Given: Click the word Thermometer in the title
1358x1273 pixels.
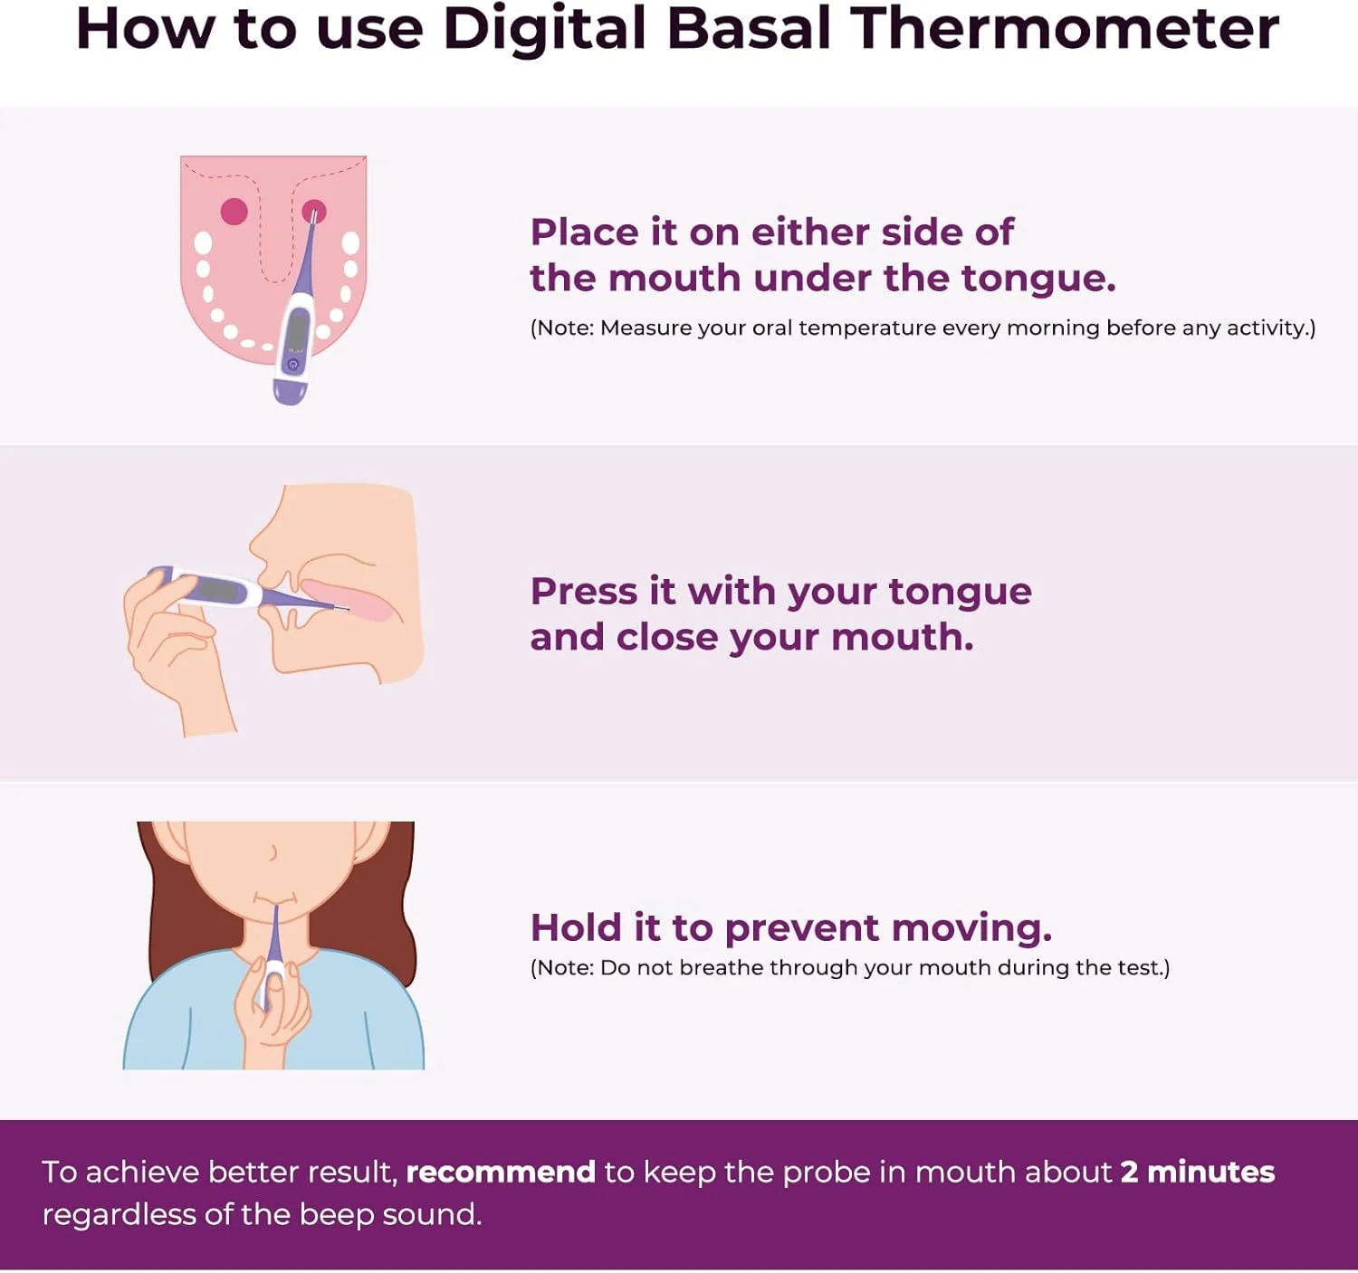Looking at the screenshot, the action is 1067,30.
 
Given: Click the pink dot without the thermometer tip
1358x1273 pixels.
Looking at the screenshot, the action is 234,211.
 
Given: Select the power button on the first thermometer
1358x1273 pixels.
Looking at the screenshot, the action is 292,365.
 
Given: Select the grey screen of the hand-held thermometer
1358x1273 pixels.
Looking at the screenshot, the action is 217,589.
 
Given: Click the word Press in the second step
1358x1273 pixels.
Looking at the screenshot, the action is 584,592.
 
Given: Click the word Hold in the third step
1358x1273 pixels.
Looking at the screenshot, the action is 578,928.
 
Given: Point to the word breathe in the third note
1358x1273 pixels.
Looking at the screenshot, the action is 722,968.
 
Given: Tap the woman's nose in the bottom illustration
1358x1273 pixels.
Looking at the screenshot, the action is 273,852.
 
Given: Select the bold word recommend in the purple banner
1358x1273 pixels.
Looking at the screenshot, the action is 502,1173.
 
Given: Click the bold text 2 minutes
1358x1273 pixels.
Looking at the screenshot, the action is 1198,1172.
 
